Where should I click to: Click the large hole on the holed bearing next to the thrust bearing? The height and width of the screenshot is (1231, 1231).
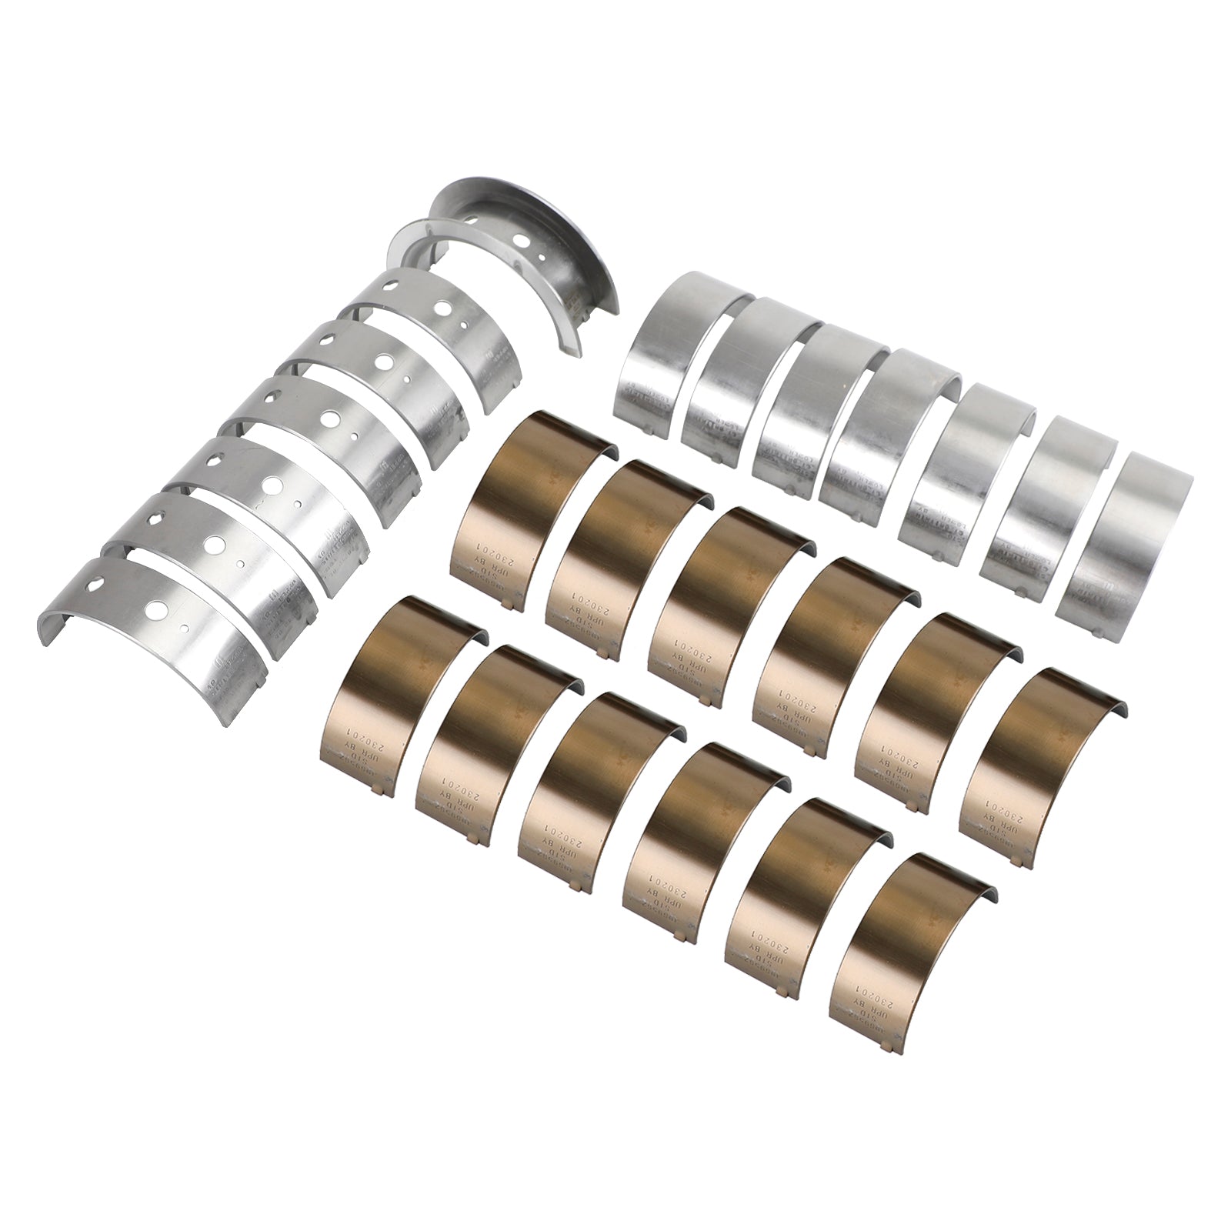[x=442, y=308]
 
